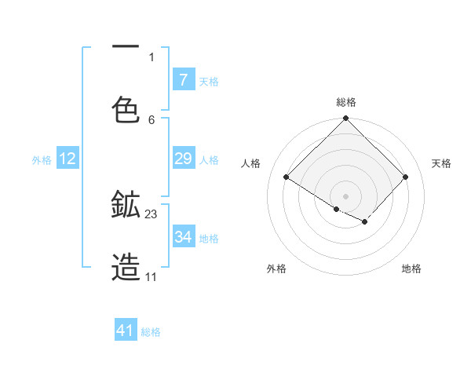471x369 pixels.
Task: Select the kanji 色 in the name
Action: click(x=126, y=109)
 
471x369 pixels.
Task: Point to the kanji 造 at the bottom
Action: click(x=126, y=268)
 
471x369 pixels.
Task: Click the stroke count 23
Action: click(x=152, y=214)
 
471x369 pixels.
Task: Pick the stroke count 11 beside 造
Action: click(x=151, y=277)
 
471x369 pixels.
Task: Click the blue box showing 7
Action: click(x=183, y=79)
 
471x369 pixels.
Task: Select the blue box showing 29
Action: click(x=183, y=159)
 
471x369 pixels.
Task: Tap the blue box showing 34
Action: click(x=183, y=237)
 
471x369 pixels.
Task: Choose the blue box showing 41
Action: click(x=126, y=331)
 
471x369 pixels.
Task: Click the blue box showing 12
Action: click(x=68, y=159)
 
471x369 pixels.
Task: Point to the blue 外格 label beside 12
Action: click(x=42, y=159)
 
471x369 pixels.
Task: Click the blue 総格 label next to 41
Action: click(x=151, y=332)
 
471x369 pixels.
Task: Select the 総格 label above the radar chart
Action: click(x=346, y=102)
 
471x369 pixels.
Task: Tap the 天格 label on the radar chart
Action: click(x=442, y=163)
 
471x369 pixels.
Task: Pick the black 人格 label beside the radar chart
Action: click(x=251, y=163)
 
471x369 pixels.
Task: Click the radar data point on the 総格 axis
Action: click(x=346, y=119)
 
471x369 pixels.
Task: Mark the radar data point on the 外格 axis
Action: click(x=337, y=209)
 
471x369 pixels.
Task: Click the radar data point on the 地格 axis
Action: click(x=365, y=222)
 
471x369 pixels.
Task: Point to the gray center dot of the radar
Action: click(x=346, y=195)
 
